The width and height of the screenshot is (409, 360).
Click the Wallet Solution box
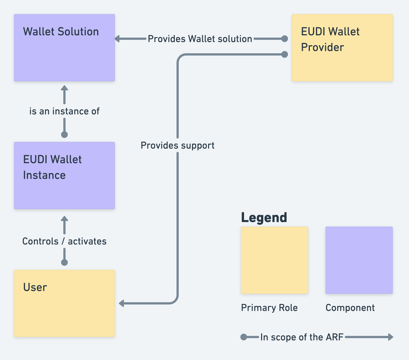pos(64,48)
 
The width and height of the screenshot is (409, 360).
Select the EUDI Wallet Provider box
pos(342,48)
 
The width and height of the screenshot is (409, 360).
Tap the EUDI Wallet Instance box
pos(64,176)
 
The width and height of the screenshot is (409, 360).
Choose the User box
pos(64,303)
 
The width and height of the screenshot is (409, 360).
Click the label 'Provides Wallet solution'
pos(200,39)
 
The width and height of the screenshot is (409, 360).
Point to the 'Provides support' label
pos(178,145)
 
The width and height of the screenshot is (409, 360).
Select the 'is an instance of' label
pos(64,111)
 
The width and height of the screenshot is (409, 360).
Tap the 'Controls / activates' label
pos(64,241)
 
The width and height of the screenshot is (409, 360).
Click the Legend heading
pos(264,218)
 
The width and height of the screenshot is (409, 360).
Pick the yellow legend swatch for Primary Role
pos(275,260)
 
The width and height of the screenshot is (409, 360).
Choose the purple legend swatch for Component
pos(359,260)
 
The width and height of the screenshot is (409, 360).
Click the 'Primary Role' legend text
pos(269,308)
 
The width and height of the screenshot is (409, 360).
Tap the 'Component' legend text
pos(350,308)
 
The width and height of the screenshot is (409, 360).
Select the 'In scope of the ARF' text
pos(302,337)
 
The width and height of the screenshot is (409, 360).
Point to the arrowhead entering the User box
pos(121,303)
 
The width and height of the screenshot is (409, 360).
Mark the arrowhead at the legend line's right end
pos(391,337)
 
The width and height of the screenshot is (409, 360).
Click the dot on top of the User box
pos(64,262)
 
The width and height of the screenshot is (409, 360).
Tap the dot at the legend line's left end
pos(244,337)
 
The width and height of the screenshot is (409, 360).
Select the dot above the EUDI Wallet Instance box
pos(64,135)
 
